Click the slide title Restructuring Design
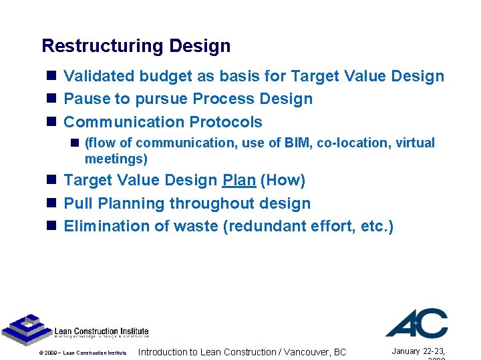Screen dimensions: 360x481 [x=136, y=46]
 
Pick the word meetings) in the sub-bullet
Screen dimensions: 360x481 [x=116, y=159]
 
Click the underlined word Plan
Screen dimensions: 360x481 [x=238, y=180]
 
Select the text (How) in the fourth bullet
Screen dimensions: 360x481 [x=283, y=180]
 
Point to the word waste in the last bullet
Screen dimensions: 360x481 [x=196, y=226]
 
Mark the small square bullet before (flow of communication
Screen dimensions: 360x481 [x=75, y=143]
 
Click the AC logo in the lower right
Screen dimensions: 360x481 [x=417, y=323]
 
